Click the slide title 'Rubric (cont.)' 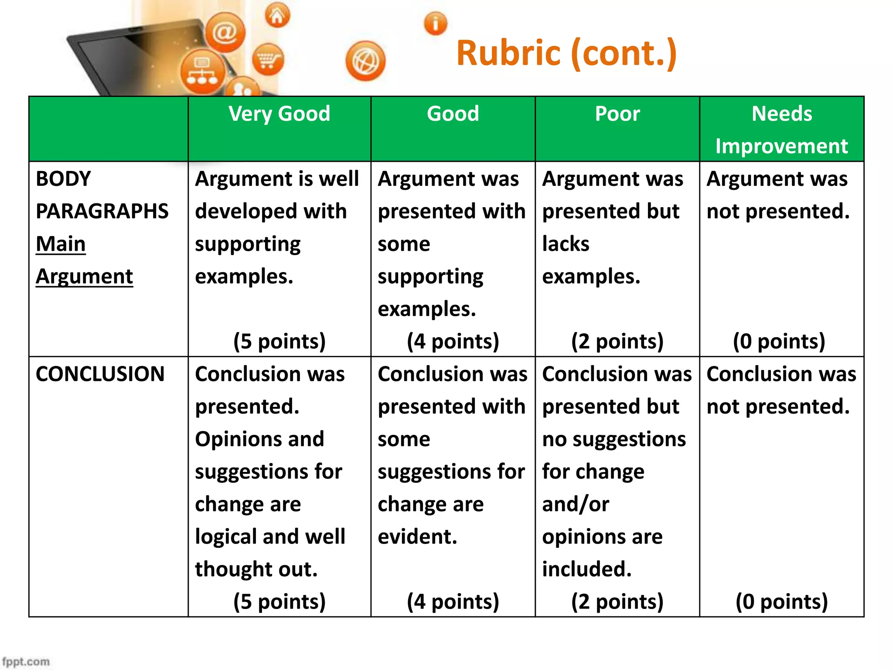coord(566,53)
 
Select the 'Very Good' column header coord(279,114)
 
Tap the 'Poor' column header coord(617,114)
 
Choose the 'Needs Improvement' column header coord(781,130)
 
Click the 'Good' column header coord(453,114)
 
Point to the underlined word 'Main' coord(61,244)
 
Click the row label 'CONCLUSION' coord(100,374)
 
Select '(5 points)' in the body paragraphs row coord(279,341)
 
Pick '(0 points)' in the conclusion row coord(781,602)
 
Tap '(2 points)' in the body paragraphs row coord(617,341)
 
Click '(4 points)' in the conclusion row coord(453,602)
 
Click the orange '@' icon coord(225,32)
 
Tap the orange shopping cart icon coord(267,60)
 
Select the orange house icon coord(277,16)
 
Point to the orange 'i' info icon coord(435,23)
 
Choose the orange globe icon coord(365,61)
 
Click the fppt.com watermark coord(26,661)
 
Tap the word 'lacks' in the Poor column coord(566,244)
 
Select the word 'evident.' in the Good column coord(417,537)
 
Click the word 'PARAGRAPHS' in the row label coord(102,212)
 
